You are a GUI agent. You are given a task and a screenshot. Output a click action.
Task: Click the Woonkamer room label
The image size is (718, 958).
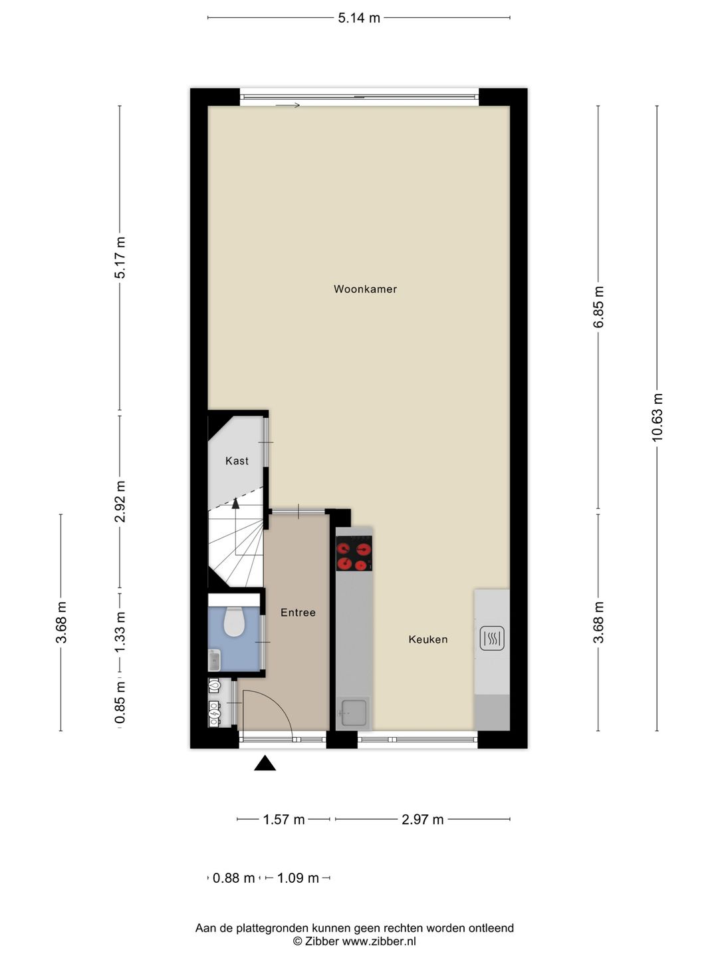tap(365, 289)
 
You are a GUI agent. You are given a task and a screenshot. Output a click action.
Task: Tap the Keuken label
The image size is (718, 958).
tap(427, 639)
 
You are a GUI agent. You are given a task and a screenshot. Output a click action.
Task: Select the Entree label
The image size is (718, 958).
tap(298, 612)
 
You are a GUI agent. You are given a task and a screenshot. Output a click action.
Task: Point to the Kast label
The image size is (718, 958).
tap(237, 460)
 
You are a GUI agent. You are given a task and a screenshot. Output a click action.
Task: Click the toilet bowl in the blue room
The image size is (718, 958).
tap(233, 621)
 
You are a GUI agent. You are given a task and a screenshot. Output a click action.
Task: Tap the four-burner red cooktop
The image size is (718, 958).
tap(354, 553)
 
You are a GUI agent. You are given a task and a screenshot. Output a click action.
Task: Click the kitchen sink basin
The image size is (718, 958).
tap(354, 713)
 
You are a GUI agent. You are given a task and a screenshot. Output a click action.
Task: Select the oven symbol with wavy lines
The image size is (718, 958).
tap(492, 638)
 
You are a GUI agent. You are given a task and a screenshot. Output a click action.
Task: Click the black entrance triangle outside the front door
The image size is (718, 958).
tap(265, 763)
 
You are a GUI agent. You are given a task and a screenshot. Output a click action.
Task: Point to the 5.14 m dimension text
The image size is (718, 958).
tap(359, 18)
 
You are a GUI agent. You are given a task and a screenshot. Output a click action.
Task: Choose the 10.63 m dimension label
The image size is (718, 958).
tap(657, 417)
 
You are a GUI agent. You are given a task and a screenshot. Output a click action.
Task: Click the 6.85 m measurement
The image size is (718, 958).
tap(598, 307)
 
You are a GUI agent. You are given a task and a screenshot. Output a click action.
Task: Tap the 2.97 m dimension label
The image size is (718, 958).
tap(422, 820)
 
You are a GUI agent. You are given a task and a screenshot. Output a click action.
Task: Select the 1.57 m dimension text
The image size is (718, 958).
tap(283, 820)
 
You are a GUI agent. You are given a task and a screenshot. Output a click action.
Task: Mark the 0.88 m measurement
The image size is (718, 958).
tap(233, 878)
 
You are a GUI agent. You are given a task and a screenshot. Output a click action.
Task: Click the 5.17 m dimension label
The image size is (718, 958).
tap(120, 257)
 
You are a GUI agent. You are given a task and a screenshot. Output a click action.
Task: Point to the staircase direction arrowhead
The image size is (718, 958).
tap(235, 503)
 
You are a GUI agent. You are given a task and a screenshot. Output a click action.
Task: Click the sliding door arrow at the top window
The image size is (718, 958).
tap(287, 105)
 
